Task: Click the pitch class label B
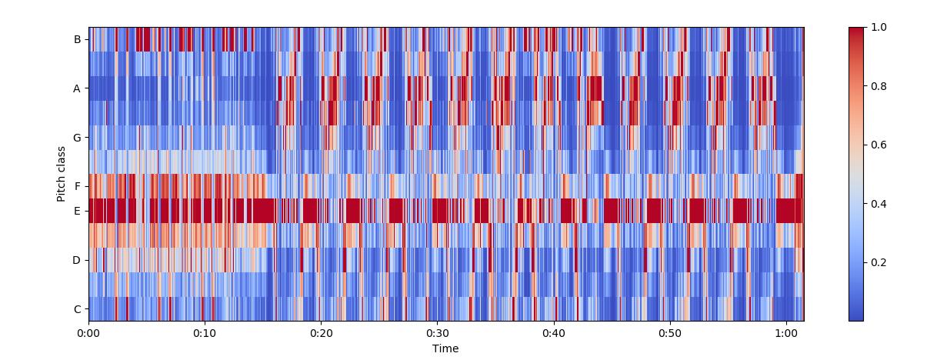click(78, 40)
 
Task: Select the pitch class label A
click(76, 88)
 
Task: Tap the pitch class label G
click(77, 138)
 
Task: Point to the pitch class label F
click(78, 186)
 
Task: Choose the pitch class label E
click(77, 211)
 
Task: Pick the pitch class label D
click(76, 260)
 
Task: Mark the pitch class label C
click(78, 309)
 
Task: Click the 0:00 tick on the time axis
click(88, 333)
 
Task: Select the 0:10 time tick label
click(205, 333)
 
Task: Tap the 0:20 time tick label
click(322, 333)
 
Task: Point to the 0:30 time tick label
click(438, 333)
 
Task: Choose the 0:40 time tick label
click(554, 333)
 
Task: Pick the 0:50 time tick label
click(670, 333)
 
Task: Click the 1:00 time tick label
click(786, 333)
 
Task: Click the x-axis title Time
click(445, 348)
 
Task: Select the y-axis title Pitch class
click(62, 174)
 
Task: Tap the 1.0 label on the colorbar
click(879, 28)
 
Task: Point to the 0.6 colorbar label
click(879, 145)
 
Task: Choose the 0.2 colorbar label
click(879, 262)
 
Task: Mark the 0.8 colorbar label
click(879, 86)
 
